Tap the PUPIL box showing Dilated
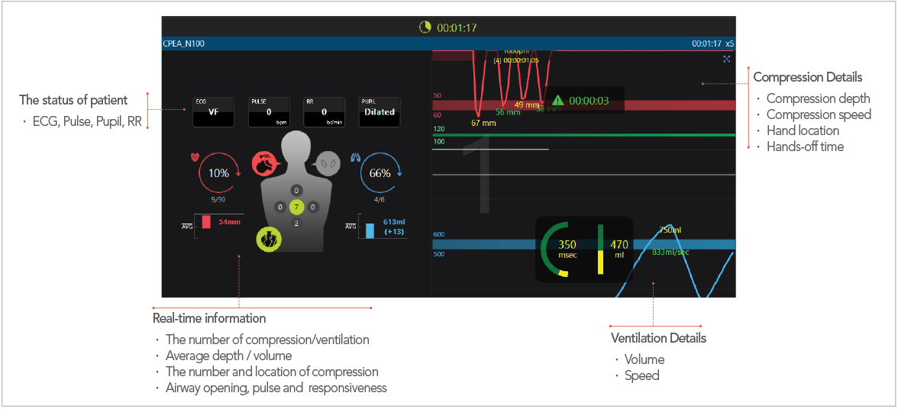pyautogui.click(x=379, y=111)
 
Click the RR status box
pyautogui.click(x=324, y=111)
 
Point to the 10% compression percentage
pyautogui.click(x=218, y=173)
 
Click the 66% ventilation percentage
pyautogui.click(x=380, y=173)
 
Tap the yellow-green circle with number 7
pyautogui.click(x=297, y=206)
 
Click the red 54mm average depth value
pyautogui.click(x=229, y=222)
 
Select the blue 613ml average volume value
pyautogui.click(x=395, y=221)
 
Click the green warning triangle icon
pyautogui.click(x=558, y=100)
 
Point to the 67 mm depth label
pyautogui.click(x=483, y=123)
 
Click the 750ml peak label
pyautogui.click(x=670, y=230)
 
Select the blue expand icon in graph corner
pyautogui.click(x=726, y=59)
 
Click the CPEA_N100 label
pyautogui.click(x=183, y=43)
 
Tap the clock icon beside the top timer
pyautogui.click(x=425, y=27)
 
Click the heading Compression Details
pyautogui.click(x=808, y=77)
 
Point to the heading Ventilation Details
pyautogui.click(x=658, y=338)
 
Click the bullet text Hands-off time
pyautogui.click(x=805, y=147)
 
